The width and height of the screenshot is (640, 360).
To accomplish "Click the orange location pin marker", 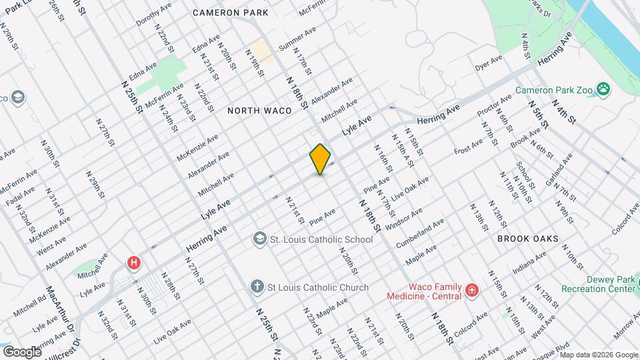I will tap(321, 159).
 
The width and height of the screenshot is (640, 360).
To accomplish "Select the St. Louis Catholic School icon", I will tap(259, 239).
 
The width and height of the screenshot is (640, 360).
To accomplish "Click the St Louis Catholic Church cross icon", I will tap(257, 287).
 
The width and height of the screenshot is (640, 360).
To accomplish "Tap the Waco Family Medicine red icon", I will tap(472, 290).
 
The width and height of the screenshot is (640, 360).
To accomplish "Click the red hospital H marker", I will tap(135, 263).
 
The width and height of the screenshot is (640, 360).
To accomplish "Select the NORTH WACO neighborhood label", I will tap(259, 111).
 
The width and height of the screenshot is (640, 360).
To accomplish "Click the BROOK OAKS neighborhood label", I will tap(527, 238).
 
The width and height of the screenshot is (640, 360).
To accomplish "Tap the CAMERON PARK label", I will tap(230, 13).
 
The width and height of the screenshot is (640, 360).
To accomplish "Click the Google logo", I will tap(22, 351).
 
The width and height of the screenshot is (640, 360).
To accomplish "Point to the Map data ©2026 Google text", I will tap(599, 354).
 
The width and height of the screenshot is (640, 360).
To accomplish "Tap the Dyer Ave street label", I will tap(488, 63).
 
